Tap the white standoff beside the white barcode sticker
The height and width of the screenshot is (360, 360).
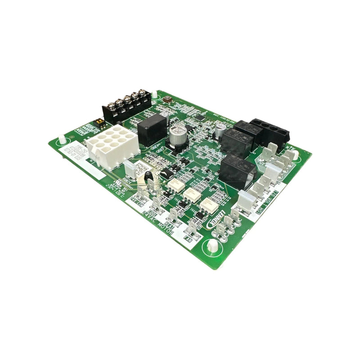[62, 139]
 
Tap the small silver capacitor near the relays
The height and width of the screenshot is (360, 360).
[219, 130]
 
